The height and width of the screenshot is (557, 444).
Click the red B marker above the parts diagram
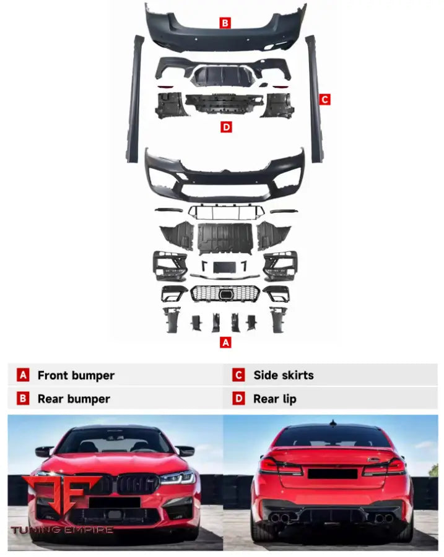coord(225,24)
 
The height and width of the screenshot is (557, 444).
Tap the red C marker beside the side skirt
coord(324,99)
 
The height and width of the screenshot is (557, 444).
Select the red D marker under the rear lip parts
coord(226,127)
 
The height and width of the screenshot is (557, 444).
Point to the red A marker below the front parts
coord(225,342)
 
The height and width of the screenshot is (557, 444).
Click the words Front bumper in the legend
coord(76,375)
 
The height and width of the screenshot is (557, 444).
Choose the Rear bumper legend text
coord(74,399)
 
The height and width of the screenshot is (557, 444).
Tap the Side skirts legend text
coord(283,375)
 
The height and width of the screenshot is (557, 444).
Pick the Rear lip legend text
coord(274,399)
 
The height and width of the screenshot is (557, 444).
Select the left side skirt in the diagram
coord(134,99)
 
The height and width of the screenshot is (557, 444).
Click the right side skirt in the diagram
coord(314,99)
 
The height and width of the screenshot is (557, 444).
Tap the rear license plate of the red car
coord(333,474)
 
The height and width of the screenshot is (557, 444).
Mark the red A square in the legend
coord(23,375)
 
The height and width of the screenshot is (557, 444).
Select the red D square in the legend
coord(238,399)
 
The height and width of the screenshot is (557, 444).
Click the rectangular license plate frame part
coord(224,267)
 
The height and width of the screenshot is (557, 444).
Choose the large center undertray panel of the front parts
coord(224,238)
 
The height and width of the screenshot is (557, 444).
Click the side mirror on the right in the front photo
coord(185,451)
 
